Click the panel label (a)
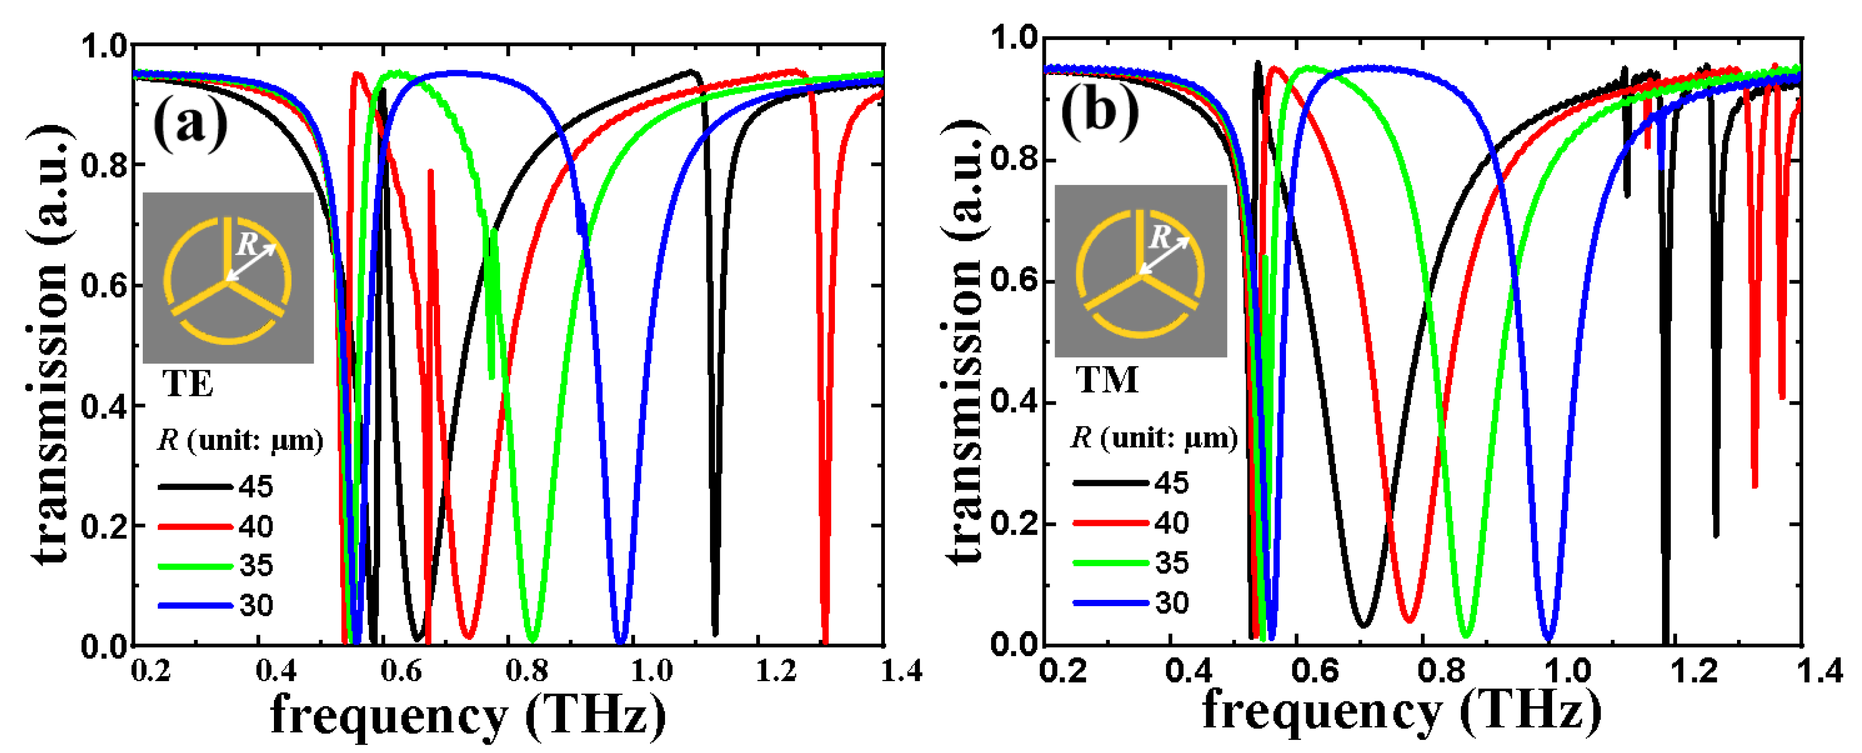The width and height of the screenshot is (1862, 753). [x=190, y=124]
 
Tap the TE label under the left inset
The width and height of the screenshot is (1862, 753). [x=188, y=384]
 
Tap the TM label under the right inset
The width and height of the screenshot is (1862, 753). [x=1107, y=380]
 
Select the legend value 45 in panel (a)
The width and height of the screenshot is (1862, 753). [x=256, y=486]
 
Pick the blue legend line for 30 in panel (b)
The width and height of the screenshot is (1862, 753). [x=1110, y=602]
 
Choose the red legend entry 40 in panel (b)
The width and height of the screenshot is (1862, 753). [x=1171, y=522]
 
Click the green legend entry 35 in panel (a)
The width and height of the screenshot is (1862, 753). [x=256, y=565]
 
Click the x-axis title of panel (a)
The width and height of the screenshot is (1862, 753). [x=468, y=716]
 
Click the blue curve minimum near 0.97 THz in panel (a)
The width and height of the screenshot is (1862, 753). [x=620, y=641]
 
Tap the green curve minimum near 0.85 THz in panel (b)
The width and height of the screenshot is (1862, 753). [x=1466, y=634]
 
